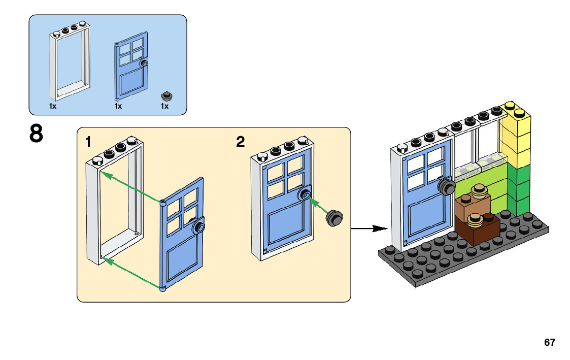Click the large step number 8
[x=36, y=135]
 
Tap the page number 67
[x=549, y=342]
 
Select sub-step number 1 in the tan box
[x=88, y=142]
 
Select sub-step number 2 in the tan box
[x=240, y=142]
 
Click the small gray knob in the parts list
[x=165, y=95]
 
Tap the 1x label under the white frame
[x=53, y=107]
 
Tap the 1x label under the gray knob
[x=164, y=107]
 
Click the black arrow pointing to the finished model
[x=366, y=228]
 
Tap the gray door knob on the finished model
[x=447, y=187]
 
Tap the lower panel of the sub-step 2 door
[x=287, y=226]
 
